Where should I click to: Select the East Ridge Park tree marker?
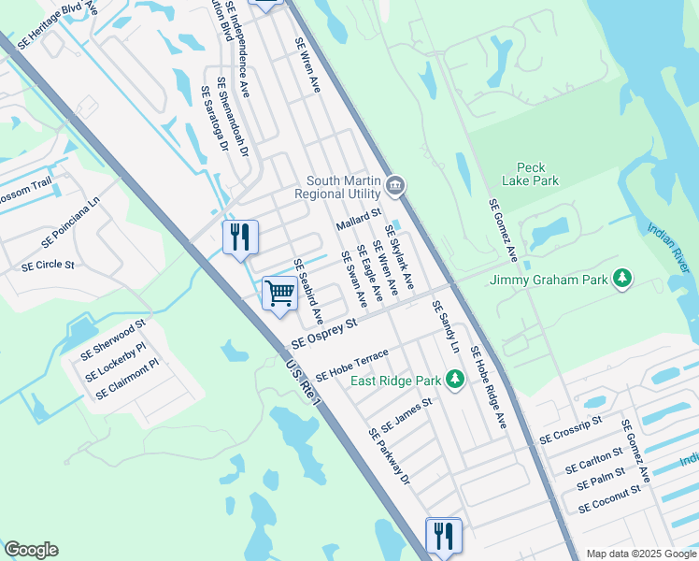point(455,380)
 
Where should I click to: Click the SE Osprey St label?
point(324,333)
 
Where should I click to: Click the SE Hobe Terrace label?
point(350,364)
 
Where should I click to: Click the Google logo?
point(31,550)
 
